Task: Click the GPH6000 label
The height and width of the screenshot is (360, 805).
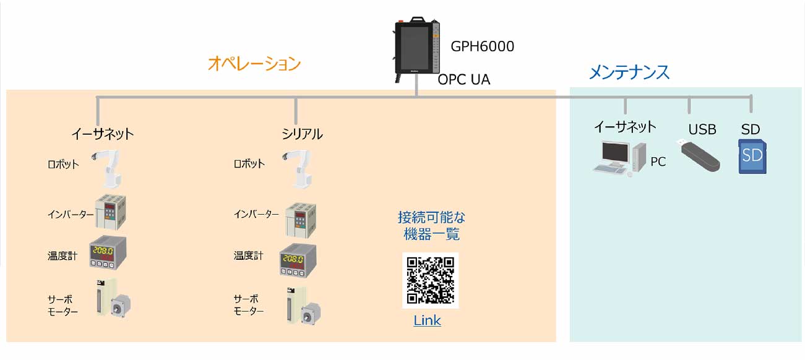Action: (482, 46)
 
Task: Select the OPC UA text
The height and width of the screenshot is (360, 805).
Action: (463, 79)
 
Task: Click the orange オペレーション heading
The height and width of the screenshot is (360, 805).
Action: (254, 64)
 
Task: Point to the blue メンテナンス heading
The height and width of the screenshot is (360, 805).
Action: (629, 72)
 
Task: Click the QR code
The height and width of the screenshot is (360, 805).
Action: (430, 280)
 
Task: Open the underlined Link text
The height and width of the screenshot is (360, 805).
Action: (427, 320)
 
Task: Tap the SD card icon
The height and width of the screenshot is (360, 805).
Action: (752, 156)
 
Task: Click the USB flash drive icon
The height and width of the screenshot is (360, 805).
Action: (699, 155)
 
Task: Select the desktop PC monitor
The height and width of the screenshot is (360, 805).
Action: (616, 153)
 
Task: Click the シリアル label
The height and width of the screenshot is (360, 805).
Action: (302, 134)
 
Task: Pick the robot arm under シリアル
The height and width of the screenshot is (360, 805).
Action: (298, 169)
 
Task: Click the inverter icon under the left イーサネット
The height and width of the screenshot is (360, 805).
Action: (110, 212)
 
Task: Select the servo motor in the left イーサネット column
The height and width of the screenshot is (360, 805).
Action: (113, 298)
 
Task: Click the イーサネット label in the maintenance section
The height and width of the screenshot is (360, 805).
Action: (625, 127)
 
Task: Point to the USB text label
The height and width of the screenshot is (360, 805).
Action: (702, 129)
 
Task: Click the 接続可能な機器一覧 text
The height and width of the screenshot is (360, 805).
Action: (431, 226)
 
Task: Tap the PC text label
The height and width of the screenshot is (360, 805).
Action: (658, 161)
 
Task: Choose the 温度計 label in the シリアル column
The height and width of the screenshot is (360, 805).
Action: (248, 255)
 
